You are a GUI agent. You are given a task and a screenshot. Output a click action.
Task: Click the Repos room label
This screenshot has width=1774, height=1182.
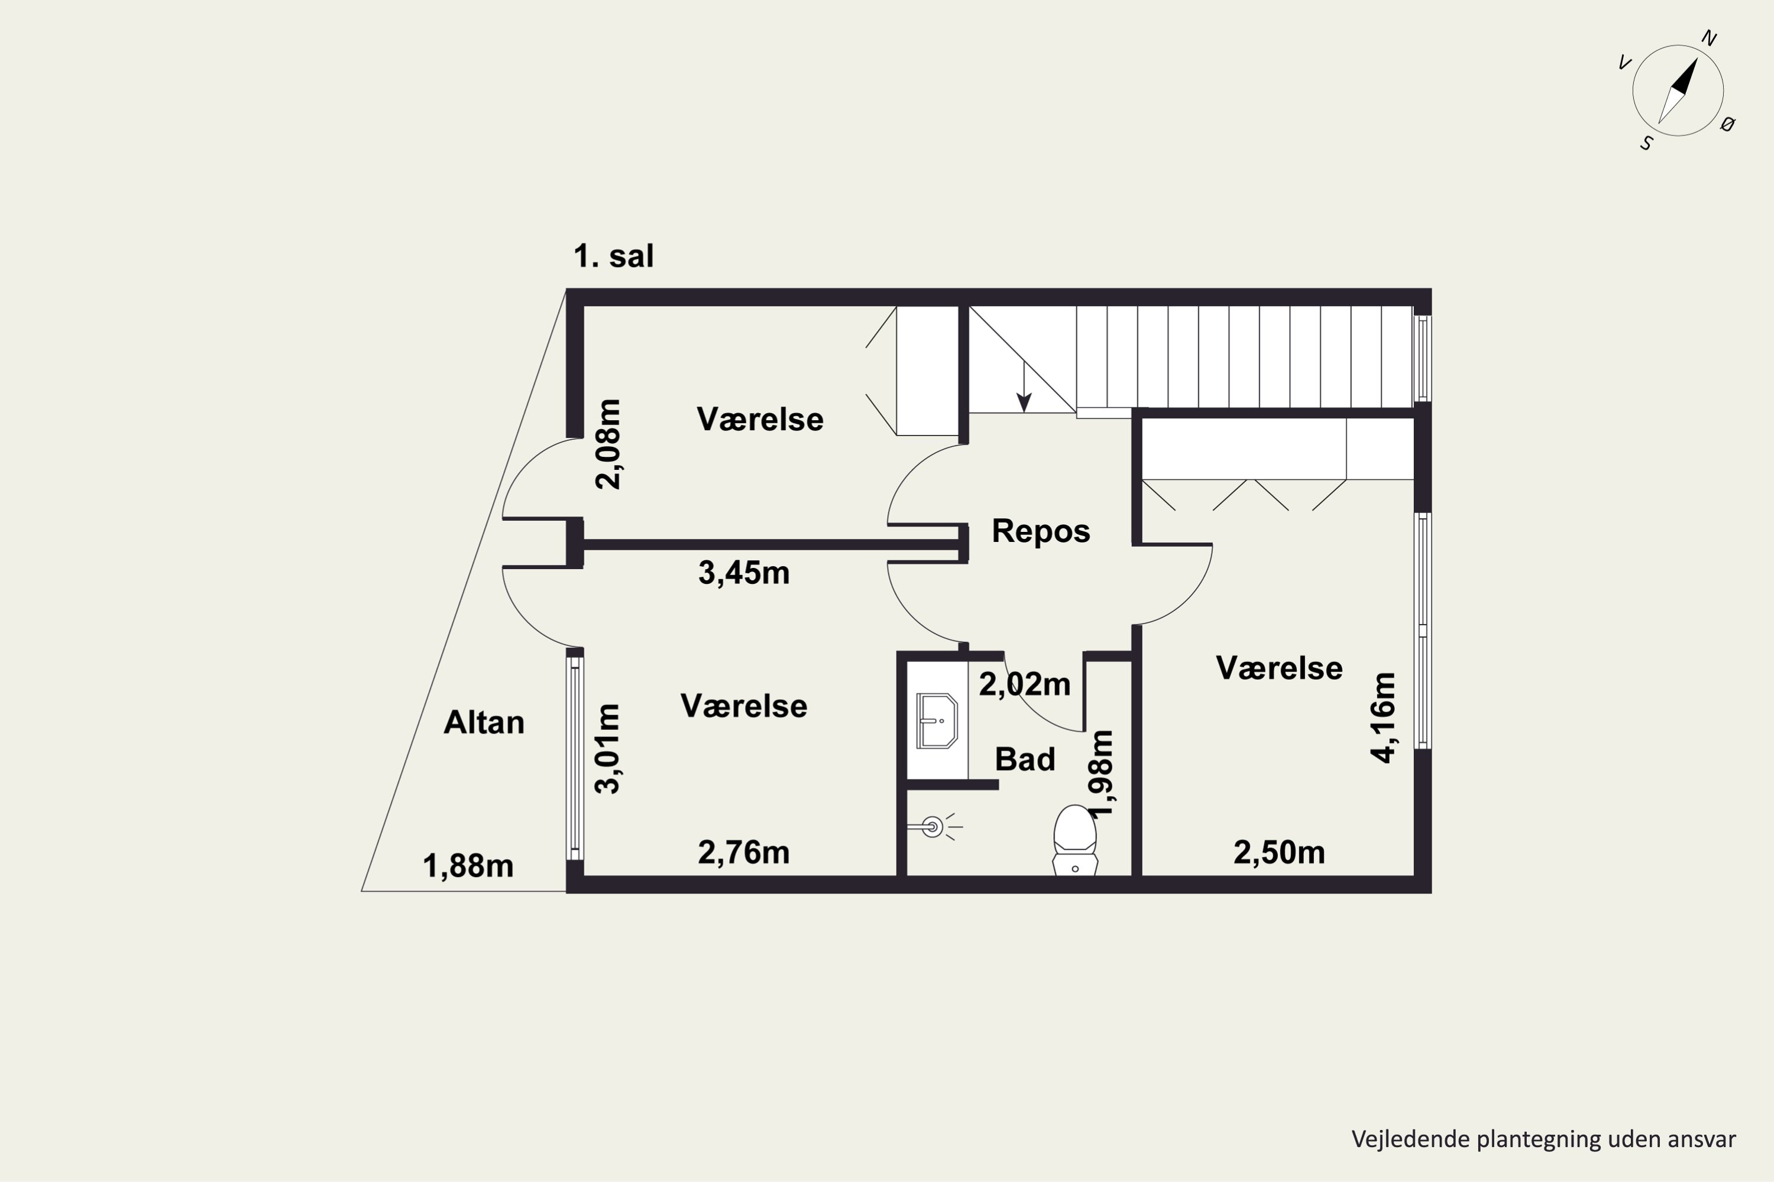1041,531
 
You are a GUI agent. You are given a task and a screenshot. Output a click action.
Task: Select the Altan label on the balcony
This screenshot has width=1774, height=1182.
484,722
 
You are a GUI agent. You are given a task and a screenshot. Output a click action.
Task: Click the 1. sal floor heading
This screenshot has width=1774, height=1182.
613,256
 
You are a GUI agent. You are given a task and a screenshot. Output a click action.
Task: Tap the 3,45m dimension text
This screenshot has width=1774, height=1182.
744,573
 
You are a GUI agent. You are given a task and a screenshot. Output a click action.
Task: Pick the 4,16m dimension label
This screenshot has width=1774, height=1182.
1383,717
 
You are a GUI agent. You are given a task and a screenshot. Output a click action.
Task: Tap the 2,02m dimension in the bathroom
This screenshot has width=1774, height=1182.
1024,684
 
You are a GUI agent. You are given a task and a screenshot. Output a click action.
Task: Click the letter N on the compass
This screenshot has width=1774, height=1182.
1709,38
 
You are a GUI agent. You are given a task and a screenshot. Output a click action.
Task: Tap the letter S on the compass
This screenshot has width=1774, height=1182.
1646,143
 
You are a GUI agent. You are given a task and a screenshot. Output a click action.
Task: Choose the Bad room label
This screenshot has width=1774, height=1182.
1024,759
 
